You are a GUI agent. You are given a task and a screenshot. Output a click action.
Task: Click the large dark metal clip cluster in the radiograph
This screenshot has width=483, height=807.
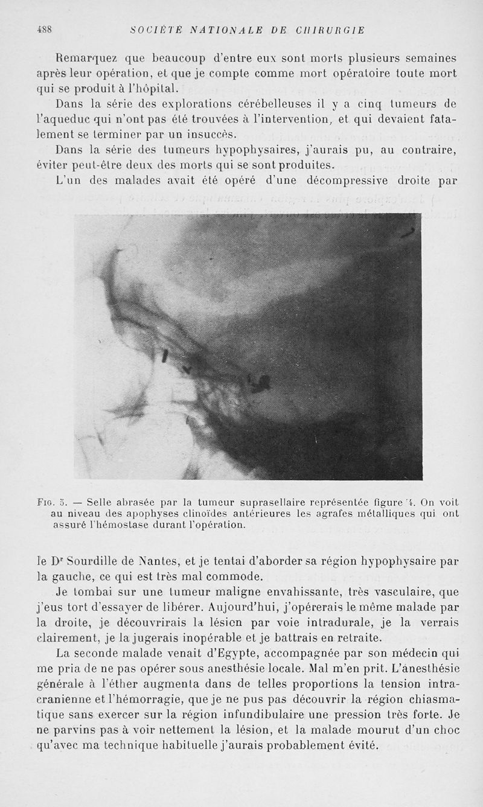pos(260,381)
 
